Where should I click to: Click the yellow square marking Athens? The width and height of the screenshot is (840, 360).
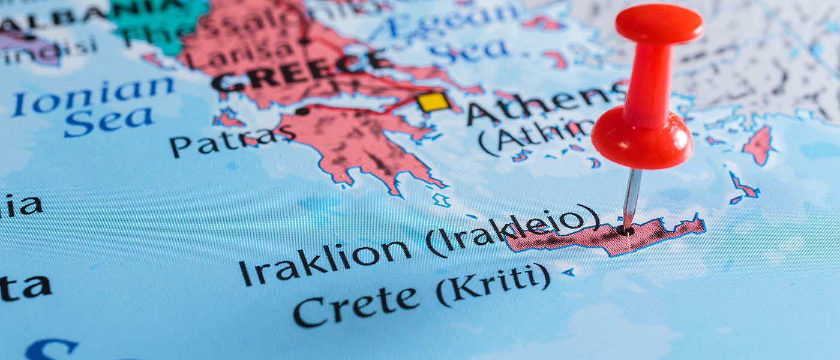point(433,102)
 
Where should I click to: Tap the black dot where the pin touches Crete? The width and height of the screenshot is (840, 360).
point(625,230)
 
